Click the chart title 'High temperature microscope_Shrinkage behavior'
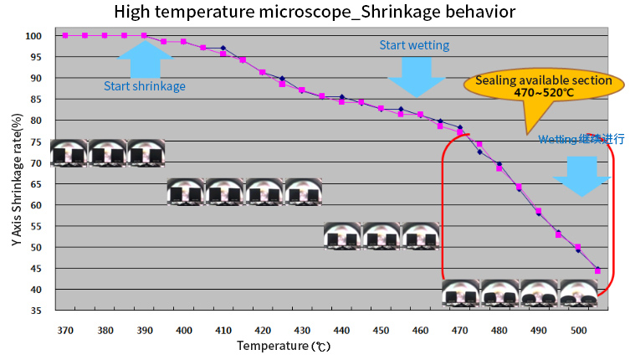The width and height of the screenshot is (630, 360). point(315,12)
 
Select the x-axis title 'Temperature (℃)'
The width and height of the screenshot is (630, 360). point(284,345)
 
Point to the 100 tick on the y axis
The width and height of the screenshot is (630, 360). point(33,36)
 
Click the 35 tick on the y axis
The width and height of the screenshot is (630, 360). point(36,311)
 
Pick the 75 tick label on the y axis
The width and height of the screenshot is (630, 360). point(36,141)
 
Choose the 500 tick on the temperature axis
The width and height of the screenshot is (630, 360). point(578,330)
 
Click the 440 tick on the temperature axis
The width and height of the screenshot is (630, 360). point(341,330)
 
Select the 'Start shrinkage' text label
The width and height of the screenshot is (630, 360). point(145,85)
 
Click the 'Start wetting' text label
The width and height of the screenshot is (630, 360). point(414,45)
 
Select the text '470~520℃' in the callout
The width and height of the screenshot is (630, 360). point(543,94)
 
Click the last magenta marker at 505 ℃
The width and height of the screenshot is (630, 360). point(597,270)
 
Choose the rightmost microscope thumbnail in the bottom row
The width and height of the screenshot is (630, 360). point(578,293)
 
